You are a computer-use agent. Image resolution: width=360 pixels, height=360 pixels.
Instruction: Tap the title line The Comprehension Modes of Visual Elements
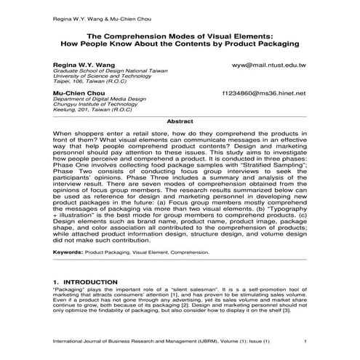(x=180, y=35)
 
